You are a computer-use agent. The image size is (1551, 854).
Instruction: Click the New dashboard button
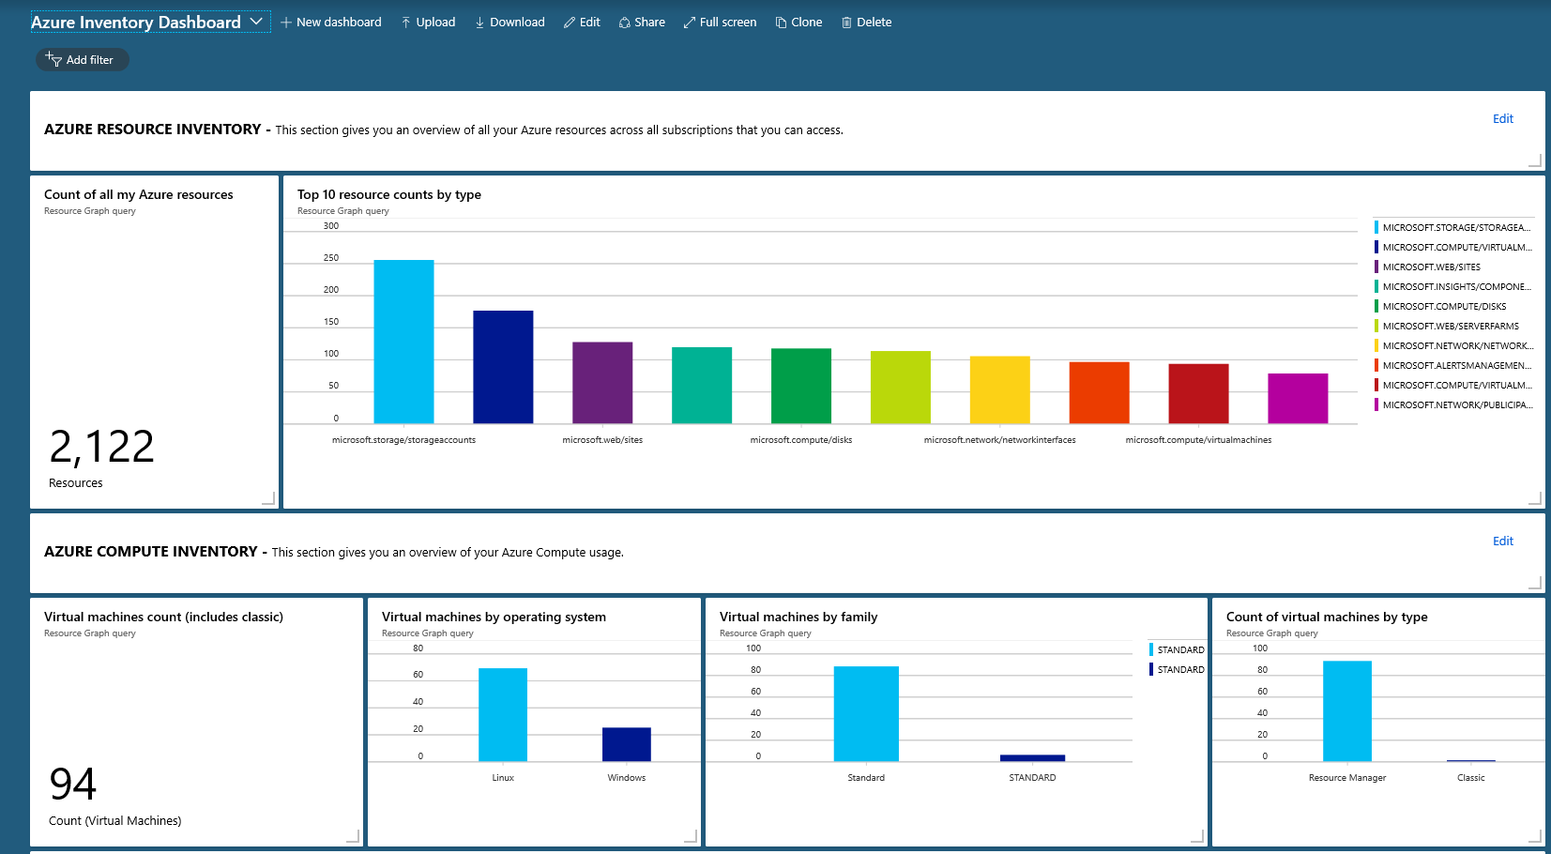point(330,23)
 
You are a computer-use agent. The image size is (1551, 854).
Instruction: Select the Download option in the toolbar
point(509,23)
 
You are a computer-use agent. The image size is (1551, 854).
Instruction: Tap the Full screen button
point(720,23)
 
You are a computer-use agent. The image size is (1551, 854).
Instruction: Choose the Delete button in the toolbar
point(866,23)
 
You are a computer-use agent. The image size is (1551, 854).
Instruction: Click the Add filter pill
point(82,60)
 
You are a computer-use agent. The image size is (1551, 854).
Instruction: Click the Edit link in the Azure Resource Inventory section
point(1502,119)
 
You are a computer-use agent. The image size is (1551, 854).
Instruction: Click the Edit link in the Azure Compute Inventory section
point(1502,541)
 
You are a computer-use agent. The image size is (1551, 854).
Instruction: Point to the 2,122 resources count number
point(101,447)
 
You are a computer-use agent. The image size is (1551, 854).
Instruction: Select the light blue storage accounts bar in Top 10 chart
point(403,342)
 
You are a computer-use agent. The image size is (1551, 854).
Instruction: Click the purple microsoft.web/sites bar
point(602,382)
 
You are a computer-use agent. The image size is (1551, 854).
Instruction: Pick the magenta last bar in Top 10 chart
point(1298,398)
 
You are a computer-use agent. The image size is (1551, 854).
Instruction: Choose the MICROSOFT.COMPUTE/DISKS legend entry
point(1443,307)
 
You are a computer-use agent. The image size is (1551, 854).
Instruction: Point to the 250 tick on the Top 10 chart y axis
point(331,258)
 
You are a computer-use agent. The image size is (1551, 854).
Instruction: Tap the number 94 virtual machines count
point(73,785)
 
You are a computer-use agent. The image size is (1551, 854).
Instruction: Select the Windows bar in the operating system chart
point(626,744)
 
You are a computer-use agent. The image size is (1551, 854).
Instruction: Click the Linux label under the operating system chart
point(503,778)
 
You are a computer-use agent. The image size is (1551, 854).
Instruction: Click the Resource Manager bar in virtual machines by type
point(1346,710)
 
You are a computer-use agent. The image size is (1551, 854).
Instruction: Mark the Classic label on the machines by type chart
point(1470,778)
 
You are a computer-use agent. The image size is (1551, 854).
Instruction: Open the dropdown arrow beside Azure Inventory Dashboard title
point(256,22)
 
